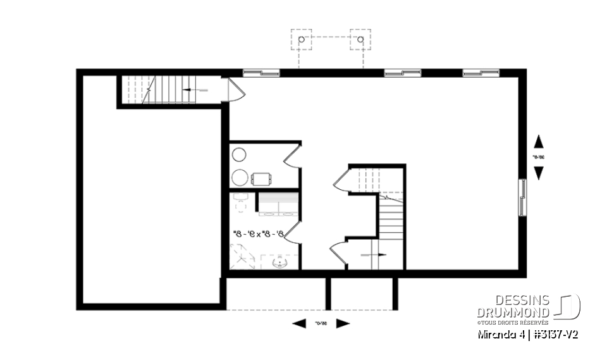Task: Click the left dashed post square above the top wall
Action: click(x=300, y=39)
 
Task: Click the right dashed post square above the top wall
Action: click(x=360, y=39)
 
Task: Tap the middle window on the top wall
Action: click(x=403, y=73)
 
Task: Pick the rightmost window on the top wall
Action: click(x=481, y=73)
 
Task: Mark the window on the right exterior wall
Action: click(x=522, y=197)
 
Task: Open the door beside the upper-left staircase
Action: click(x=235, y=90)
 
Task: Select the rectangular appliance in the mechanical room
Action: click(x=262, y=178)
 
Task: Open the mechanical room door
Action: click(x=291, y=156)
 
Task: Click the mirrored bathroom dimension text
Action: click(x=261, y=234)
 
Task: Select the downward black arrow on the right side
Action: click(x=539, y=173)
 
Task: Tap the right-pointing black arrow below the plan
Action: click(x=343, y=324)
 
